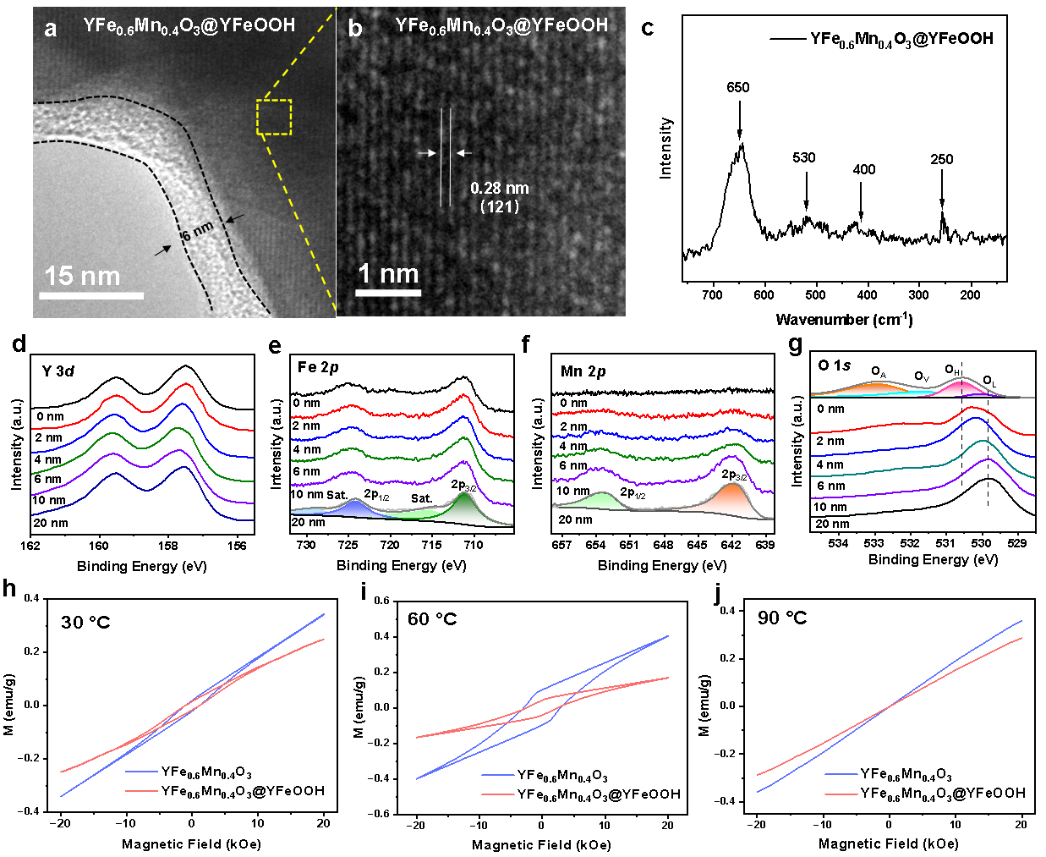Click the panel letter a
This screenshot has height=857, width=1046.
[x=51, y=29]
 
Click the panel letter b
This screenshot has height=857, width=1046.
[x=355, y=29]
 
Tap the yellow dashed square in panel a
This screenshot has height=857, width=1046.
[x=274, y=117]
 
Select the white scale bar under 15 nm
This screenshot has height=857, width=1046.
[x=91, y=295]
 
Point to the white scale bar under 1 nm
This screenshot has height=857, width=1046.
[x=388, y=293]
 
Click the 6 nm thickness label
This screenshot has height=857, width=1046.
[x=197, y=230]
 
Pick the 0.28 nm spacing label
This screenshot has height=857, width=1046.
[x=500, y=188]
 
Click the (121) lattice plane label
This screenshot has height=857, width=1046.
[x=500, y=206]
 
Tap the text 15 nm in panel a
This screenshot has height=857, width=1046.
[x=82, y=276]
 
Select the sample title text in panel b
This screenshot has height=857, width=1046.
[x=501, y=25]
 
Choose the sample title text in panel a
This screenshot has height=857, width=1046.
[x=189, y=25]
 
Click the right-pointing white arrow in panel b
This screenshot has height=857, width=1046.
[x=427, y=153]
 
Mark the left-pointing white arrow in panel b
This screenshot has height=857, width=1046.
[x=464, y=153]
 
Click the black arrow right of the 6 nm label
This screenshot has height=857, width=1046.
[x=236, y=218]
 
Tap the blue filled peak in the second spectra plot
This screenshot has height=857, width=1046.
[x=353, y=508]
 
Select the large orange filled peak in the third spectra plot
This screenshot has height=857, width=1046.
[x=731, y=501]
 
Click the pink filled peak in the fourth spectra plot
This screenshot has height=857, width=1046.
[x=961, y=388]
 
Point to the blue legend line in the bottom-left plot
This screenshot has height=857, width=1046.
[x=142, y=772]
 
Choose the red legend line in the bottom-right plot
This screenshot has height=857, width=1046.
[x=841, y=794]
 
